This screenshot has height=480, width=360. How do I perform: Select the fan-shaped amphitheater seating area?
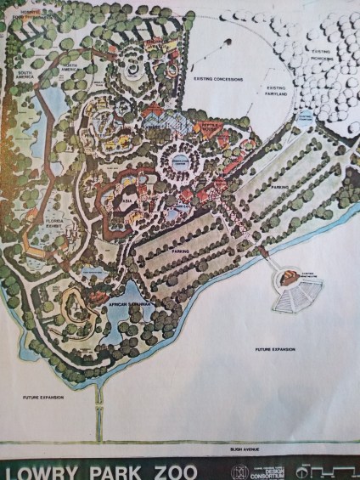(292, 296)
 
